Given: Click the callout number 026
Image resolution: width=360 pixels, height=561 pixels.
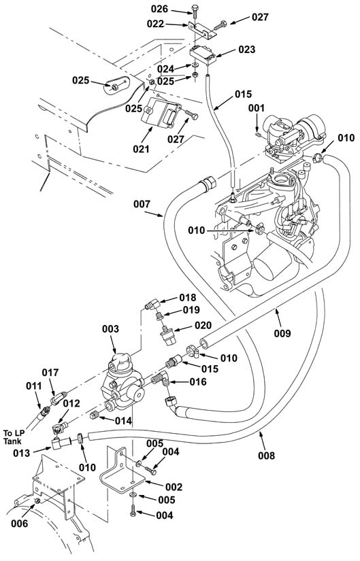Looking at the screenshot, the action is tap(159, 9).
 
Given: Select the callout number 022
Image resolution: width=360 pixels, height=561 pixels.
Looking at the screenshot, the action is tap(155, 24).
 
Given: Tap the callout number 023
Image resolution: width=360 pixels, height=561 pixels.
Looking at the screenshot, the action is tap(247, 50).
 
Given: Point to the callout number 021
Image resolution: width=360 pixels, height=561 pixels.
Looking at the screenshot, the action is tap(141, 149).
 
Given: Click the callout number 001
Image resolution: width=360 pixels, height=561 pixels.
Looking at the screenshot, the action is tap(257, 108).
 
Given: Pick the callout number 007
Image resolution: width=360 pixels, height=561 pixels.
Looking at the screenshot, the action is tap(142, 204).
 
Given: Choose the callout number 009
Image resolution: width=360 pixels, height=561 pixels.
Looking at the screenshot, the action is tap(282, 333).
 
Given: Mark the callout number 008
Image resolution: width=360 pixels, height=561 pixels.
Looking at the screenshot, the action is tap(267, 456).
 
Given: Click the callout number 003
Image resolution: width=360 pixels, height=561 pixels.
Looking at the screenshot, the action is tap(110, 329).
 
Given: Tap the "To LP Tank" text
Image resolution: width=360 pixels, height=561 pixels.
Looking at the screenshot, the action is tap(12, 437).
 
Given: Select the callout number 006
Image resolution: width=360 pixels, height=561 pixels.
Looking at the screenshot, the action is tap(19, 524).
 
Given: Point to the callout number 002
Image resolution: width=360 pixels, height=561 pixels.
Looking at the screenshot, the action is tap(174, 487).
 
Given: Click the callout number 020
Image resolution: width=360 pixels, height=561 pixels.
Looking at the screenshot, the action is tap(203, 325).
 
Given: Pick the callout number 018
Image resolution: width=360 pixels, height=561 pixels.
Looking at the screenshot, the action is tap(188, 298).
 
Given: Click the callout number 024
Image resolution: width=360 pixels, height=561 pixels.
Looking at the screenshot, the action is tap(165, 69).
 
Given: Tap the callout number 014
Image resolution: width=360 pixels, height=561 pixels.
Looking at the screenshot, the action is tap(123, 421).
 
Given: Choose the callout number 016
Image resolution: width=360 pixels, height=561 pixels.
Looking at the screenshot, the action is tap(198, 382).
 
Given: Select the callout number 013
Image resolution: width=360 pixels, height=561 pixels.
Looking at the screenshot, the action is tap(22, 453).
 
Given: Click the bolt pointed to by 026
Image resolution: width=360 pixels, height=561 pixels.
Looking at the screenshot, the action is tap(195, 12).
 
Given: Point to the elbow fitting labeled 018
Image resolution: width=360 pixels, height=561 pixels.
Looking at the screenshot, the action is tap(152, 305).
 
